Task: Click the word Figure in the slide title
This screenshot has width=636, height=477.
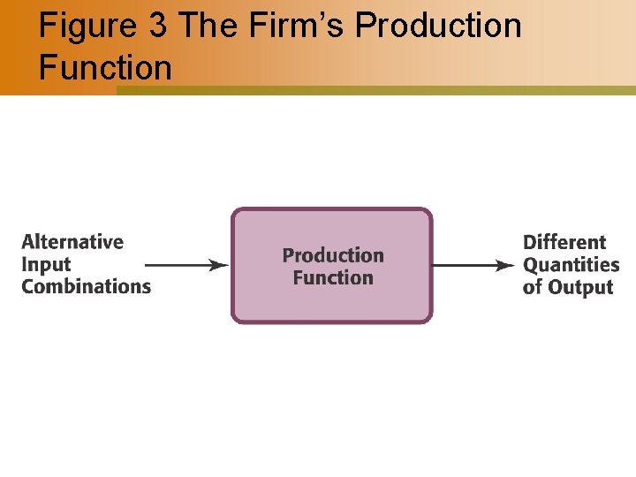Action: tap(86, 26)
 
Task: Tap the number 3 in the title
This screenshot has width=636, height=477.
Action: tap(158, 26)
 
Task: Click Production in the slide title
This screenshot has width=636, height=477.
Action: tap(438, 26)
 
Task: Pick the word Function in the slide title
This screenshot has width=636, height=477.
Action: tap(105, 66)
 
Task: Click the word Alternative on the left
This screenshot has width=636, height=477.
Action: tap(72, 242)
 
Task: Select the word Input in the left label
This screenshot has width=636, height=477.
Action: tap(46, 264)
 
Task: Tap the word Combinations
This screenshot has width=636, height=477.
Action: tap(87, 286)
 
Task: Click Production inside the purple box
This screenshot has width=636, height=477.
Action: tap(333, 255)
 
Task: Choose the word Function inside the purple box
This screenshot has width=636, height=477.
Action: tap(333, 277)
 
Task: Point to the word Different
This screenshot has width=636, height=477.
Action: tap(564, 242)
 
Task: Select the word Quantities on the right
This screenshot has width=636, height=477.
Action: tap(571, 264)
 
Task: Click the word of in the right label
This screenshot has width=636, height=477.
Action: tap(532, 287)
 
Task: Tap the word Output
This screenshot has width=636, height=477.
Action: tap(579, 287)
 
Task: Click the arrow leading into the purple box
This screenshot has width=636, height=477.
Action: tap(185, 265)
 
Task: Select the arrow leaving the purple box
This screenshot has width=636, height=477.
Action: tap(473, 265)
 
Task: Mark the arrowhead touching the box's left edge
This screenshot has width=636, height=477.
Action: tap(221, 265)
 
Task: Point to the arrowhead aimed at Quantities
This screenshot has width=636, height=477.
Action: tap(507, 265)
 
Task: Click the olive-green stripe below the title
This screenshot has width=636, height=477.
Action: tap(375, 90)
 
